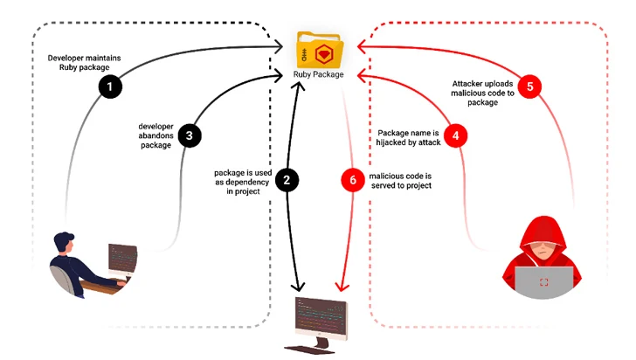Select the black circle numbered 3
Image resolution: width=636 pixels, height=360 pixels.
tap(189, 135)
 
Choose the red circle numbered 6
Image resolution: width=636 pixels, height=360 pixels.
tap(351, 181)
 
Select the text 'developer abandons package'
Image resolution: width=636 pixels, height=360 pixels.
tap(155, 135)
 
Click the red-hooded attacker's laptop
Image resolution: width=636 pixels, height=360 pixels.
tap(544, 282)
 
